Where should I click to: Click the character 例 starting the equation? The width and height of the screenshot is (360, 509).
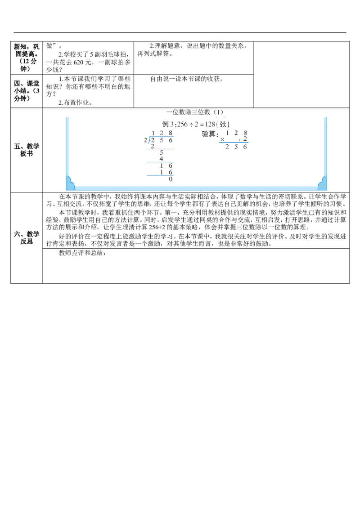point(166,124)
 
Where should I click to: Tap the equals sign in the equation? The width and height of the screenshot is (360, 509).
point(202,124)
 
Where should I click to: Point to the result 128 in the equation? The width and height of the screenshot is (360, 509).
point(211,124)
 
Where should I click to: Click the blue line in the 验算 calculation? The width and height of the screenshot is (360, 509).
point(234,142)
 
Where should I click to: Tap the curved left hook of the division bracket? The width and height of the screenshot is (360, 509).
point(150,140)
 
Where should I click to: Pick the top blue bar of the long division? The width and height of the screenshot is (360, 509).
point(162,136)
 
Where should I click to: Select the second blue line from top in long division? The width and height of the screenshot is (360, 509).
point(160,149)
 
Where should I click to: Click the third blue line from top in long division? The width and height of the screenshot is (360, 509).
point(160,161)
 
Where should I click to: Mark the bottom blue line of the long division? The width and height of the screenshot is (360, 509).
point(160,174)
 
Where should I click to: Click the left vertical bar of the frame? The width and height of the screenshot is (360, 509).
point(68,148)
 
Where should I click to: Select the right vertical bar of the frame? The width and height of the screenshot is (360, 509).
point(324,148)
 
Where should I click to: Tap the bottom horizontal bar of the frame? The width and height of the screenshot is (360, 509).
point(196,187)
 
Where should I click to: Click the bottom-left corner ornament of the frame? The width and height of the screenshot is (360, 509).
point(70,183)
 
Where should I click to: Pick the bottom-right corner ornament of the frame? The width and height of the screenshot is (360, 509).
point(322,183)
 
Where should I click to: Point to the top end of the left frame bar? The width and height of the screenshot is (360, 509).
point(68,117)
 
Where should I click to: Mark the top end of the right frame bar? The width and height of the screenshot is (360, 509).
point(324,117)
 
